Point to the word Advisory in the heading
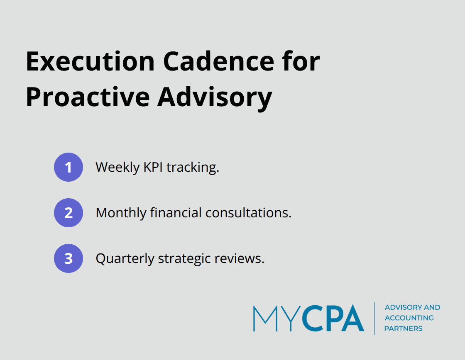[x=215, y=98]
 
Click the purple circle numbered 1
[x=69, y=167]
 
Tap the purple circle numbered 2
[x=69, y=213]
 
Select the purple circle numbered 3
[x=69, y=258]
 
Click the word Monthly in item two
[x=121, y=213]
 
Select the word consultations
[x=249, y=213]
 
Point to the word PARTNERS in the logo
[x=403, y=328]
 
